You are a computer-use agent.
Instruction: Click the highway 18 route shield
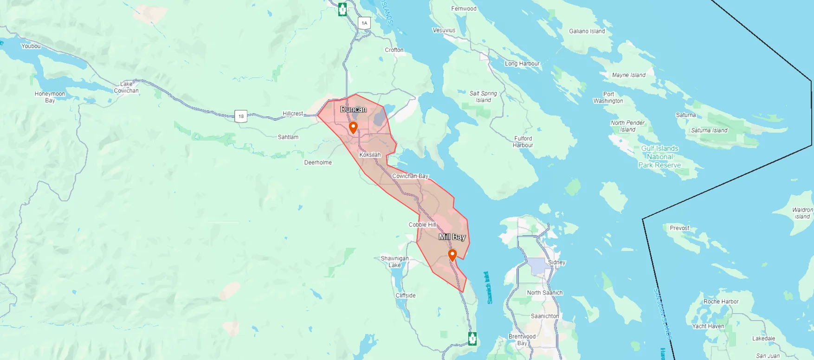click(x=241, y=116)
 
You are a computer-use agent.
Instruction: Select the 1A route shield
click(x=364, y=23)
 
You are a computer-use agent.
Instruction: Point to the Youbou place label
click(x=31, y=46)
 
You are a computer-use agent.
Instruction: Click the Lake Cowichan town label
click(x=126, y=87)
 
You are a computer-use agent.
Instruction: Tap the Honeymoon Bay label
click(x=50, y=97)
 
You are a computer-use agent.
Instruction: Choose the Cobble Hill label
click(x=422, y=225)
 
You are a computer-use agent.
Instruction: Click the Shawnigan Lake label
click(x=394, y=262)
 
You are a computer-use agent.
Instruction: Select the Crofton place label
click(x=394, y=50)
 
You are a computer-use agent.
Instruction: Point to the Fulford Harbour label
click(x=523, y=141)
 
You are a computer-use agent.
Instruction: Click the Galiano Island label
click(x=587, y=31)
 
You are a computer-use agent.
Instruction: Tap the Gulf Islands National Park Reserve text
click(x=659, y=157)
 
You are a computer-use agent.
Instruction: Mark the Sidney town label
click(x=556, y=262)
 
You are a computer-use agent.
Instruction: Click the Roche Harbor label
click(x=721, y=302)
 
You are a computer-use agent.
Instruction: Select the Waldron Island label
click(x=802, y=213)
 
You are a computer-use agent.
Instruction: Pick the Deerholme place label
click(x=318, y=162)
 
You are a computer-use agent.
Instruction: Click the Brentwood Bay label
click(x=522, y=340)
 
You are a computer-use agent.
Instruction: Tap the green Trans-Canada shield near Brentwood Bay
click(x=472, y=338)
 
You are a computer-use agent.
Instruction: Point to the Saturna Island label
click(x=709, y=130)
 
